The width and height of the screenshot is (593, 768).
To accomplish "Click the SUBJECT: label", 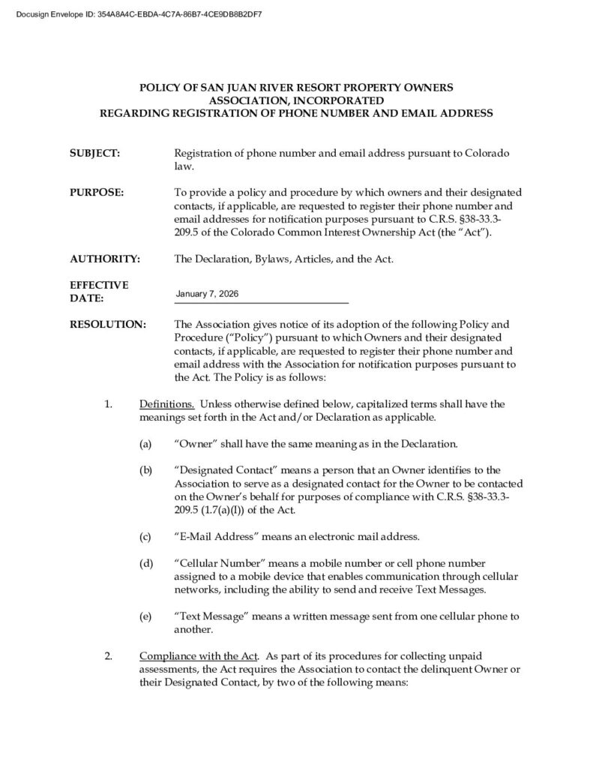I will coord(94,153).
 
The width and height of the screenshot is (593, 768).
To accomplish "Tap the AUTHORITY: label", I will coord(105,259).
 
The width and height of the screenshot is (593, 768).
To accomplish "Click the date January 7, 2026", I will coord(207,293).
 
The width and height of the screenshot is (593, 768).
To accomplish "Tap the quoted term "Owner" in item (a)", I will coord(194,444).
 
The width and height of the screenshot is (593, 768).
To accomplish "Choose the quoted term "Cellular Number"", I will coord(222,563).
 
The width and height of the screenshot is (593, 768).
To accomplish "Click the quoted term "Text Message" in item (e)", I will coord(212,616).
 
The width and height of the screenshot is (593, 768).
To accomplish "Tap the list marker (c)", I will coord(145,537).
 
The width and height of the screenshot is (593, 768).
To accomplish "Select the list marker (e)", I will coord(145,616).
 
